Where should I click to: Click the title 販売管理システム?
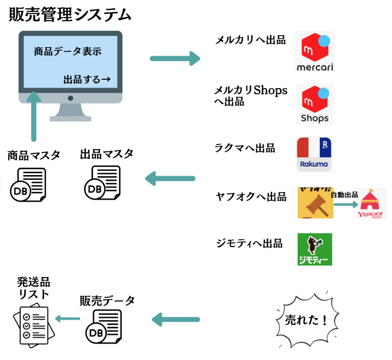click(x=70, y=15)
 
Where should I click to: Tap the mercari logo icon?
click(x=315, y=52)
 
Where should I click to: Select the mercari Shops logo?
click(x=315, y=104)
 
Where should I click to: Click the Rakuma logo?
click(x=315, y=154)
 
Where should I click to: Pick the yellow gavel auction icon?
click(x=315, y=203)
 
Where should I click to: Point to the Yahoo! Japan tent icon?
click(x=371, y=203)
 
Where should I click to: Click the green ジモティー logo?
click(x=315, y=249)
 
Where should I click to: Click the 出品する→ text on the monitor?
click(x=87, y=80)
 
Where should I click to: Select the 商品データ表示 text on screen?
click(x=67, y=51)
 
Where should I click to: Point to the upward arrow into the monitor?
click(x=34, y=117)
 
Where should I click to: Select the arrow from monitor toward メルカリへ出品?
click(x=175, y=58)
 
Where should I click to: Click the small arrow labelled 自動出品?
click(x=345, y=204)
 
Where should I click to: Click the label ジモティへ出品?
click(x=249, y=243)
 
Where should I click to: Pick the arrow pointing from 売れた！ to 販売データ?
click(x=176, y=319)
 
